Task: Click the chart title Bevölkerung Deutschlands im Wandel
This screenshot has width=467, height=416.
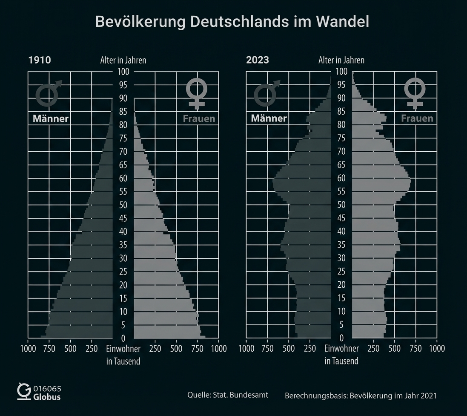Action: click(x=232, y=22)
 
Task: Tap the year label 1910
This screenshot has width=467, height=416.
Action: click(x=39, y=60)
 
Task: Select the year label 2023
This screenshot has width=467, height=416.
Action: click(x=258, y=60)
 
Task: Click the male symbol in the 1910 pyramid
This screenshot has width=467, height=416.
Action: click(x=48, y=92)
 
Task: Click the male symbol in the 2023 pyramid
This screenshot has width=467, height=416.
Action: click(x=266, y=92)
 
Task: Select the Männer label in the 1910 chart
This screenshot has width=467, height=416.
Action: click(x=51, y=118)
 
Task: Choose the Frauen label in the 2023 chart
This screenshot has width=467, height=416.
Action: click(x=417, y=118)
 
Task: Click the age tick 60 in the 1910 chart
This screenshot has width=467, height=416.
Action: click(x=123, y=179)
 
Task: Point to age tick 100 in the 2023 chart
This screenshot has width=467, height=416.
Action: click(x=341, y=72)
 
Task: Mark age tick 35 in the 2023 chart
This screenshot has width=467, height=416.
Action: click(x=341, y=245)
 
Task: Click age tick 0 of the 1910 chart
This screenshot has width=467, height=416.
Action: click(x=123, y=338)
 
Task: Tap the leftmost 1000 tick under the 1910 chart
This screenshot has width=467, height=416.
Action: click(x=28, y=349)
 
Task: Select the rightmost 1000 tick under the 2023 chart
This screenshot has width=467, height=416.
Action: click(x=437, y=349)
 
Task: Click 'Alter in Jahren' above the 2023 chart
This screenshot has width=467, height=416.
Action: click(x=341, y=60)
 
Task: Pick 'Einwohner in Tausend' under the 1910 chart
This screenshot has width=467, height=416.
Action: click(x=123, y=355)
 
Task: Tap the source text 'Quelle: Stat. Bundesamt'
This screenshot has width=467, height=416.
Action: click(x=228, y=395)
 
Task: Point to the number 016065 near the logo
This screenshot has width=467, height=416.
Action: click(x=47, y=389)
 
